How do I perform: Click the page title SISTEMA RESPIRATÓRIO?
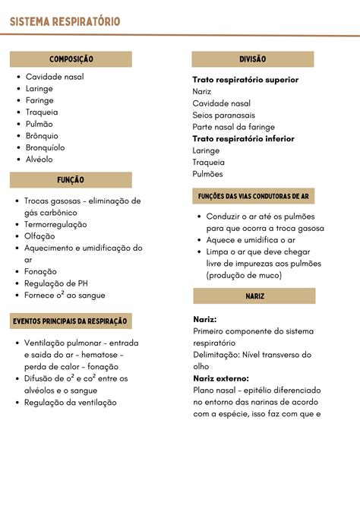65,22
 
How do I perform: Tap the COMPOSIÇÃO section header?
71,59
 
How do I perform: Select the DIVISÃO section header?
252,59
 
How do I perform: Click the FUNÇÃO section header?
71,180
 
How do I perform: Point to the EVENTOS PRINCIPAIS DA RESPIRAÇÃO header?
70,321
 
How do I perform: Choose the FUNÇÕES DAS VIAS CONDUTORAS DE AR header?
253,196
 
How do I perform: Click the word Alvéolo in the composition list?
39,160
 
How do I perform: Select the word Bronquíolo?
46,147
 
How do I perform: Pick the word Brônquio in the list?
42,136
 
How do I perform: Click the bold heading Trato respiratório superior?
245,80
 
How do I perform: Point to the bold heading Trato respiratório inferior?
243,139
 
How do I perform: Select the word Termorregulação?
55,224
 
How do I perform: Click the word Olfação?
39,236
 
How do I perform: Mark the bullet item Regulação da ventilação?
71,403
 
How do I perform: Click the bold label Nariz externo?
221,378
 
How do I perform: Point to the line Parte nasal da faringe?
234,127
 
